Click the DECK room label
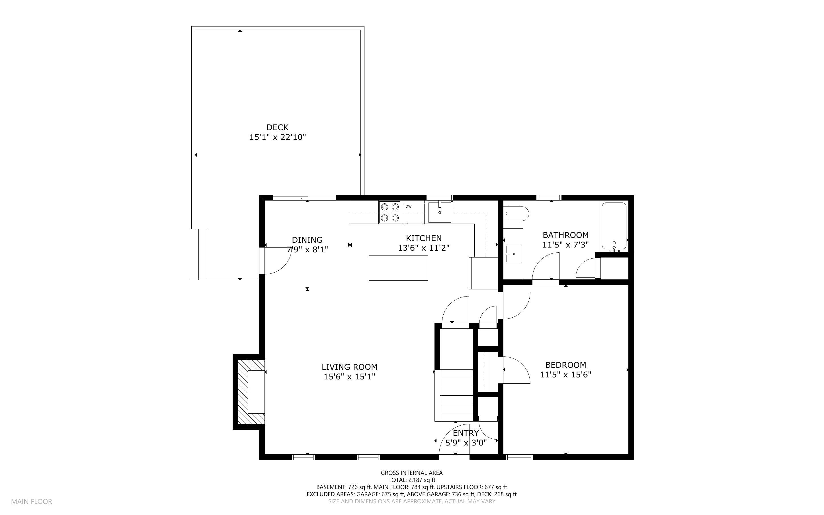tap(277, 127)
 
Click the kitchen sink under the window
tap(440, 212)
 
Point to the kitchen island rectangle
tap(398, 268)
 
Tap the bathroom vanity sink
tap(513, 254)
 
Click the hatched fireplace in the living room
tap(251, 392)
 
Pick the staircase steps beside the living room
tap(456, 395)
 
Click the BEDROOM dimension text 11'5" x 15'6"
tap(565, 375)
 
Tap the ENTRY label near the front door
tap(466, 433)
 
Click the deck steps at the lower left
tap(198, 254)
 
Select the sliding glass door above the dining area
tap(305, 197)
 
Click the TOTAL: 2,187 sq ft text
tap(411, 480)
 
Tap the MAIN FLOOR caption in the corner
tap(31, 501)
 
